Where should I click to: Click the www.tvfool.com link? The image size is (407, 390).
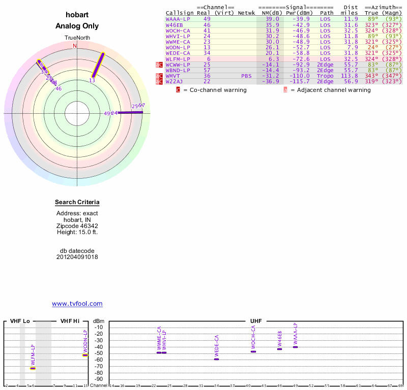(77, 304)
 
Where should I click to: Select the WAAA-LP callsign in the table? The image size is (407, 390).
(178, 19)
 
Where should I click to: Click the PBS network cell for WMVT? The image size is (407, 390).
(246, 76)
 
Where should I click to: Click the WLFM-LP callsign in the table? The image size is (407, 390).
(178, 59)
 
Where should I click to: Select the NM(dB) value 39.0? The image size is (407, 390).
(272, 19)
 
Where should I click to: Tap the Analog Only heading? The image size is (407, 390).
(77, 26)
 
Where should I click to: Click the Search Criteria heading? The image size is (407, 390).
(77, 203)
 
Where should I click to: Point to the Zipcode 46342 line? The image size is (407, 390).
(77, 226)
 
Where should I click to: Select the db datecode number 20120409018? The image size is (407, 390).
(77, 257)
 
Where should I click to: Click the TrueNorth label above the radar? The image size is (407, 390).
(77, 38)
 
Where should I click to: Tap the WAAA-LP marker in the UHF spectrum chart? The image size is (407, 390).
(295, 347)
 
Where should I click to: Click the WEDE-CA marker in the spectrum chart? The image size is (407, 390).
(216, 359)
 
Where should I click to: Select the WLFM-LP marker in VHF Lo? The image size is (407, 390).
(33, 369)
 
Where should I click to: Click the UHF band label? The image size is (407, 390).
(256, 321)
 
